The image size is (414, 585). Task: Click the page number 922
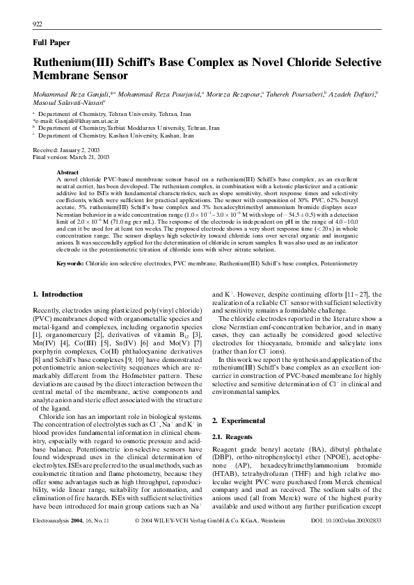click(38, 24)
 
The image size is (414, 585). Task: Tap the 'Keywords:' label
click(70, 264)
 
